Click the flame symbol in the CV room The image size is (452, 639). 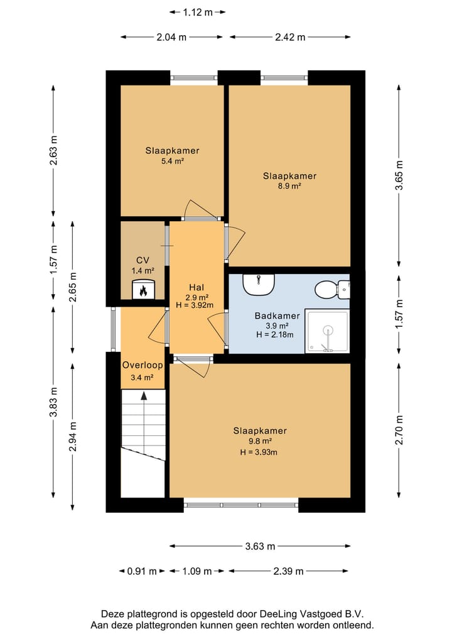coord(143,290)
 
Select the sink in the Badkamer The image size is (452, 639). coord(259,285)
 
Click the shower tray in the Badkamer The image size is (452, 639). coord(328,331)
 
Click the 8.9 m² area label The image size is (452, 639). coord(289,186)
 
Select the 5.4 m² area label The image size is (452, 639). coord(172,161)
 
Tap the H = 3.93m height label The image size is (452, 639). coord(259,452)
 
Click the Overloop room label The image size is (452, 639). coord(143,365)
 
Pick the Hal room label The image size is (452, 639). coord(196,287)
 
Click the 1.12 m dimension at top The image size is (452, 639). coord(198,12)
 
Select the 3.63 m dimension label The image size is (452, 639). coord(260,546)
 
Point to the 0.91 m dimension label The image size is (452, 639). coord(142,571)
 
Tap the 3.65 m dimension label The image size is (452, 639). coord(399,175)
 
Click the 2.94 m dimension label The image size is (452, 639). coord(73,437)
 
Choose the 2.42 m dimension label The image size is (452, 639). coord(290,37)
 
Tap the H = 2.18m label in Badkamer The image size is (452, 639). coord(275,334)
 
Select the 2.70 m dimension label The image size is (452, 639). coord(399,430)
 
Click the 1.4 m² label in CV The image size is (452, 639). coord(143,271)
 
